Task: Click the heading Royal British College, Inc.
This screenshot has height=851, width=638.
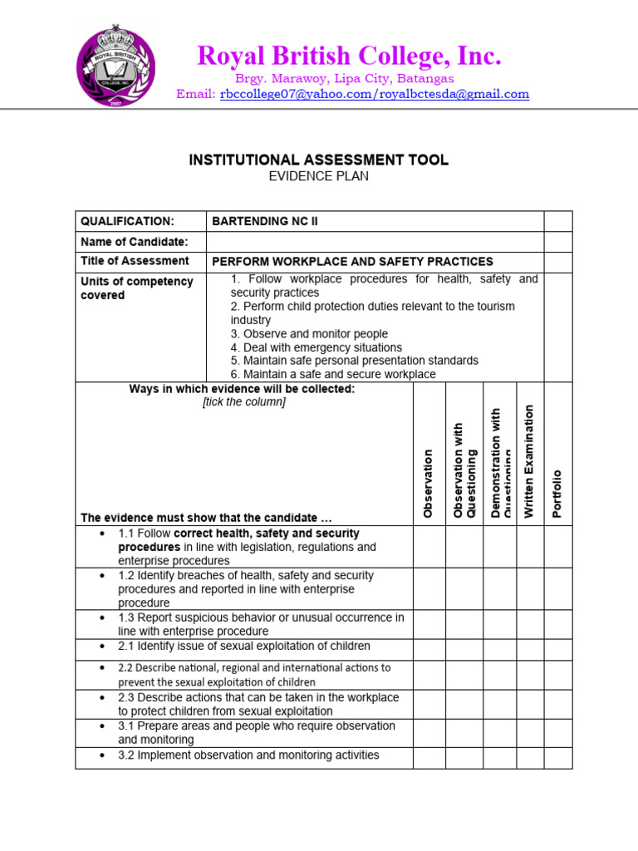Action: point(349,57)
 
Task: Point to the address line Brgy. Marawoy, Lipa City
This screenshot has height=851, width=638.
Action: point(345,78)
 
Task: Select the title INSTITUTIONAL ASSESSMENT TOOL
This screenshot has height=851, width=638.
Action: point(319,160)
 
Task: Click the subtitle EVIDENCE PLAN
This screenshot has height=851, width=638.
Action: point(319,176)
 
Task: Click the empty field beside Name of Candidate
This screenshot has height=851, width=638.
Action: point(374,242)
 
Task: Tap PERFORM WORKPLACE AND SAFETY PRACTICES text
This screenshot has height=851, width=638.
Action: point(352,262)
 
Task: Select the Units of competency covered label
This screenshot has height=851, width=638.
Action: point(136,288)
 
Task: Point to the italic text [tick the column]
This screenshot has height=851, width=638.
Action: point(244,402)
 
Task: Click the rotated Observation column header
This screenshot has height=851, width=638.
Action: point(429,483)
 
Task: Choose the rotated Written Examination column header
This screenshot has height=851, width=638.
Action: point(529,461)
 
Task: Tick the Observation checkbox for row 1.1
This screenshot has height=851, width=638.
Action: point(429,547)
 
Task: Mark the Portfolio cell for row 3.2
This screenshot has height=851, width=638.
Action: point(558,757)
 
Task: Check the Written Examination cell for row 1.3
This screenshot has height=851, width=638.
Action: point(530,624)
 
